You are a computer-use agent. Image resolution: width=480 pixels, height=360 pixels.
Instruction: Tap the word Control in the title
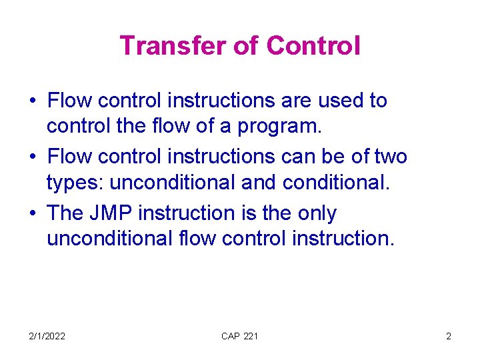[313, 46]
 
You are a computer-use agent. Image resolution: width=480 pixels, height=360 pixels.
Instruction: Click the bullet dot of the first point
[32, 102]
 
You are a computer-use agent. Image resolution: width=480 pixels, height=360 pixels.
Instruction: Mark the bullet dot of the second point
[32, 158]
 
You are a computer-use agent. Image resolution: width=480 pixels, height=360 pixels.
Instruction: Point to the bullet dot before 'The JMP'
[32, 214]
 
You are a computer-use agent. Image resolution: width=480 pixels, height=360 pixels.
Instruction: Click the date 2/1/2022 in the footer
[47, 336]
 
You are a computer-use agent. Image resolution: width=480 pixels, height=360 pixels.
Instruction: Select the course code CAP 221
[239, 336]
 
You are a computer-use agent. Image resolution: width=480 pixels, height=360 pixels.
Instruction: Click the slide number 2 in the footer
[449, 336]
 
